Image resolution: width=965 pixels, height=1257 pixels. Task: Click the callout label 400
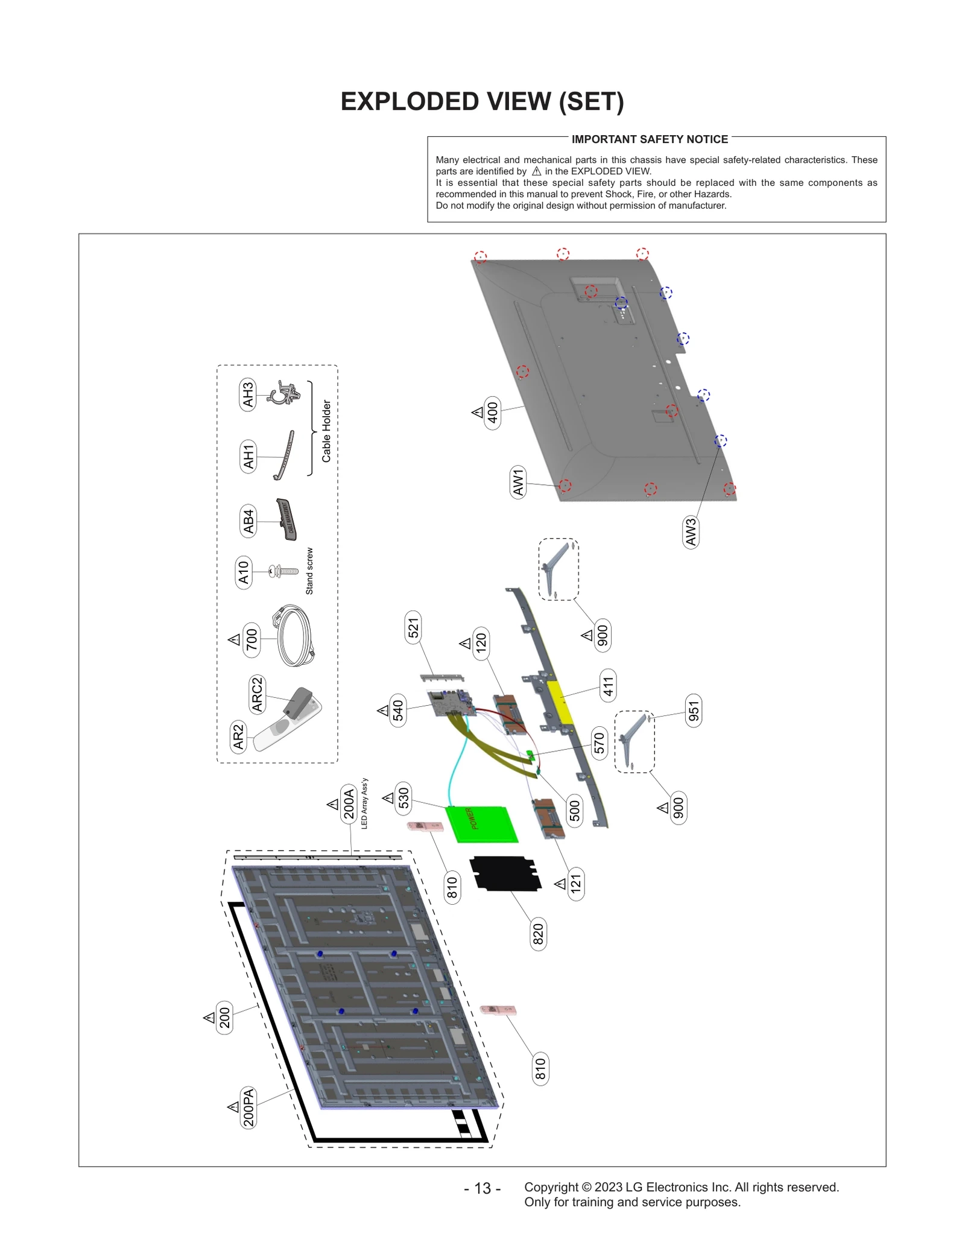[493, 413]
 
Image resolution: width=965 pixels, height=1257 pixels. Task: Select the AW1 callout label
[517, 481]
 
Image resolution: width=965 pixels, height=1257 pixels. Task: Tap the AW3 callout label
[691, 531]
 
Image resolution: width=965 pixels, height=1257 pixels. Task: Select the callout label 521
[413, 627]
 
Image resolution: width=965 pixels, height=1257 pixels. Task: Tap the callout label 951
[694, 711]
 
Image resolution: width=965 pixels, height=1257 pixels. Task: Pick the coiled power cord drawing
[294, 636]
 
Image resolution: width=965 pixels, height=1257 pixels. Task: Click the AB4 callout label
[248, 521]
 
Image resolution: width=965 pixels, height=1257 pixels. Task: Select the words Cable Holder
[326, 431]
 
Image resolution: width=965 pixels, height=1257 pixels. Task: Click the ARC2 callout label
[257, 694]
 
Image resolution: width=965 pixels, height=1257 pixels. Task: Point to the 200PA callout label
[248, 1107]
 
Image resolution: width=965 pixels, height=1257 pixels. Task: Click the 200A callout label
[349, 802]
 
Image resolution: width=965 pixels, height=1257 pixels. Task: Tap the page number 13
[482, 1188]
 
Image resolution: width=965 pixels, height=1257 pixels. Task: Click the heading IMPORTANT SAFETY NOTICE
[649, 139]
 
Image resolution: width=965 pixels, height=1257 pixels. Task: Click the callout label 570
[598, 743]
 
